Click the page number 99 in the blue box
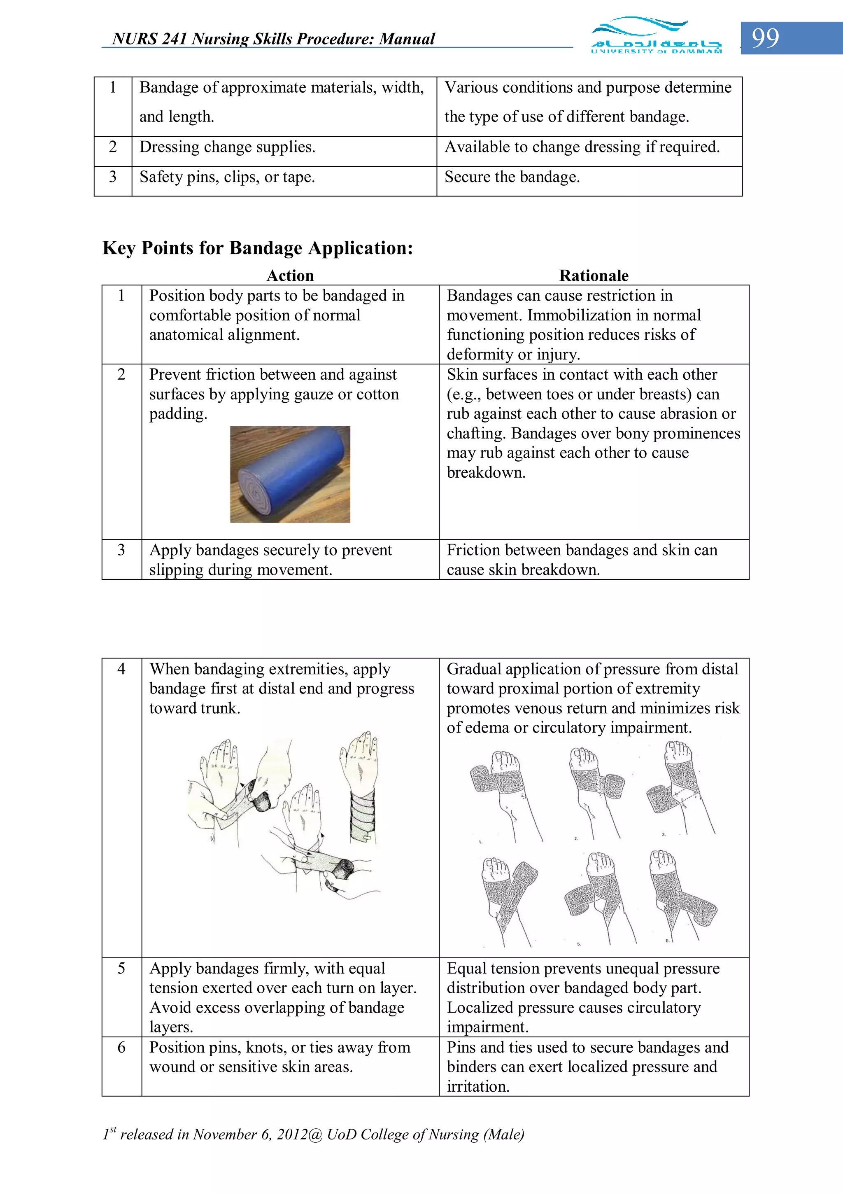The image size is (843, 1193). [x=765, y=38]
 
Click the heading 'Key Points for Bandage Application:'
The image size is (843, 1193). [x=258, y=248]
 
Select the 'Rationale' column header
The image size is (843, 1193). [x=594, y=275]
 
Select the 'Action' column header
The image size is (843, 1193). [x=290, y=275]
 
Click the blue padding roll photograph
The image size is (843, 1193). [x=290, y=474]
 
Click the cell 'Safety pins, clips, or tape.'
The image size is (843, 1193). [x=227, y=177]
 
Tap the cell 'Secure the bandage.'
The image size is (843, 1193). [x=512, y=177]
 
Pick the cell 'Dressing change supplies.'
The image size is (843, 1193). [x=227, y=147]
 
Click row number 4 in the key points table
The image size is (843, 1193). [x=121, y=669]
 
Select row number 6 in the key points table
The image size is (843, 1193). [x=121, y=1047]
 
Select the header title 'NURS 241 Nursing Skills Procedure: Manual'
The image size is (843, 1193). [x=273, y=39]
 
